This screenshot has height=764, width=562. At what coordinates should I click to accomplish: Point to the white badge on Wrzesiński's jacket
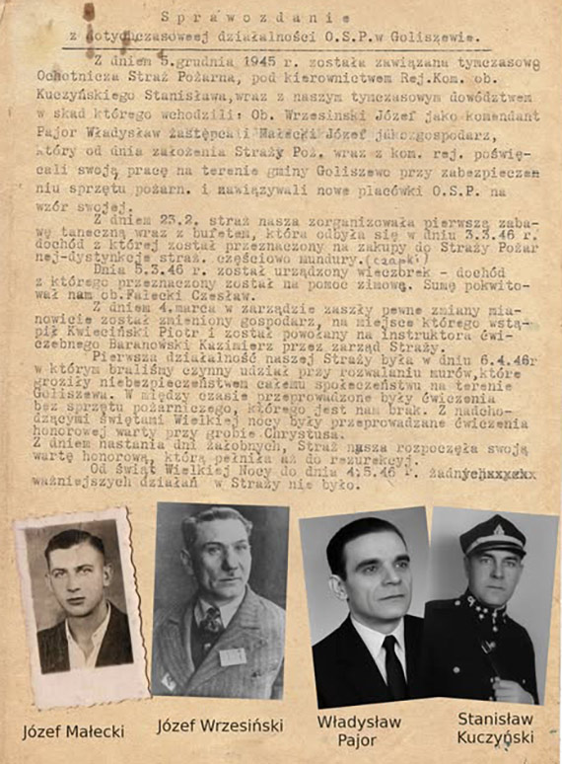[x=232, y=656]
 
